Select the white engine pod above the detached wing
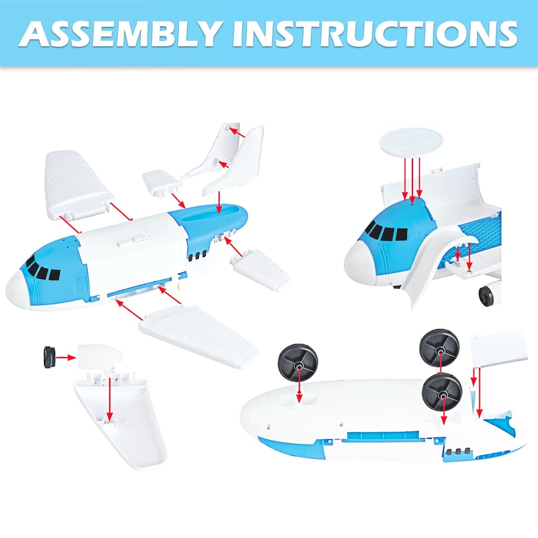(x=101, y=356)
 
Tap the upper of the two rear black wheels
(x=439, y=348)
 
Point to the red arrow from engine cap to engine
(x=66, y=357)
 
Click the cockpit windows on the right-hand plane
(x=386, y=231)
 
